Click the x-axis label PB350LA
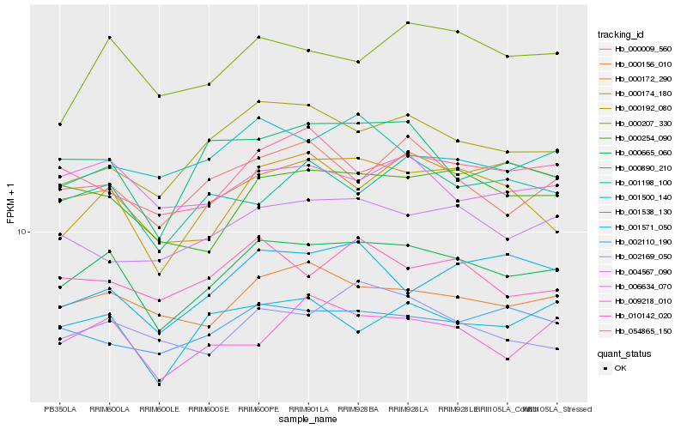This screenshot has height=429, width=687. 59,409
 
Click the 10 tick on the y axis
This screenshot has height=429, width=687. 22,232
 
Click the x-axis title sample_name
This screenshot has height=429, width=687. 308,420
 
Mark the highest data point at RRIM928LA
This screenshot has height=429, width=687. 408,22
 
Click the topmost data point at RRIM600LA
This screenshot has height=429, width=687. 109,38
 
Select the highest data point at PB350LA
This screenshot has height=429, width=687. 59,124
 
